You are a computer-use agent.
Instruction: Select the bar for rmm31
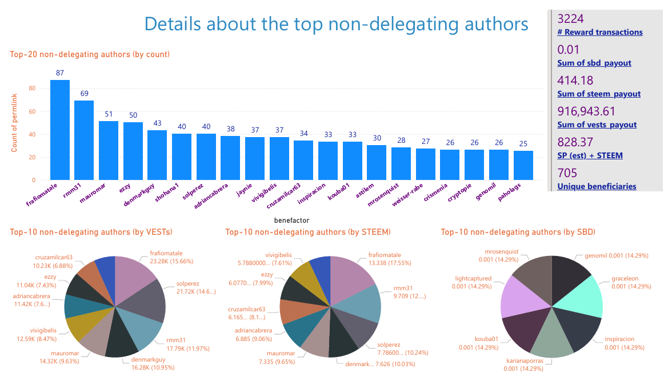[84, 141]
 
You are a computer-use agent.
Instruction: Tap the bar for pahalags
[523, 166]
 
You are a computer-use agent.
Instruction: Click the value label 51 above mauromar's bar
[109, 114]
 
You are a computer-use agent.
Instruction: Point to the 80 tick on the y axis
[32, 89]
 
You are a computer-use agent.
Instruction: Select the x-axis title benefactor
[291, 219]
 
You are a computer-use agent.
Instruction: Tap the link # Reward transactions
[599, 33]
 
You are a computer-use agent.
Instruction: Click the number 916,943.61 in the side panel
[589, 111]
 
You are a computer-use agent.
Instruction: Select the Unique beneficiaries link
[596, 186]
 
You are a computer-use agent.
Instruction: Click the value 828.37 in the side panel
[575, 142]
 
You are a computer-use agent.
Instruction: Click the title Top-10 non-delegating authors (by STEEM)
[308, 232]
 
